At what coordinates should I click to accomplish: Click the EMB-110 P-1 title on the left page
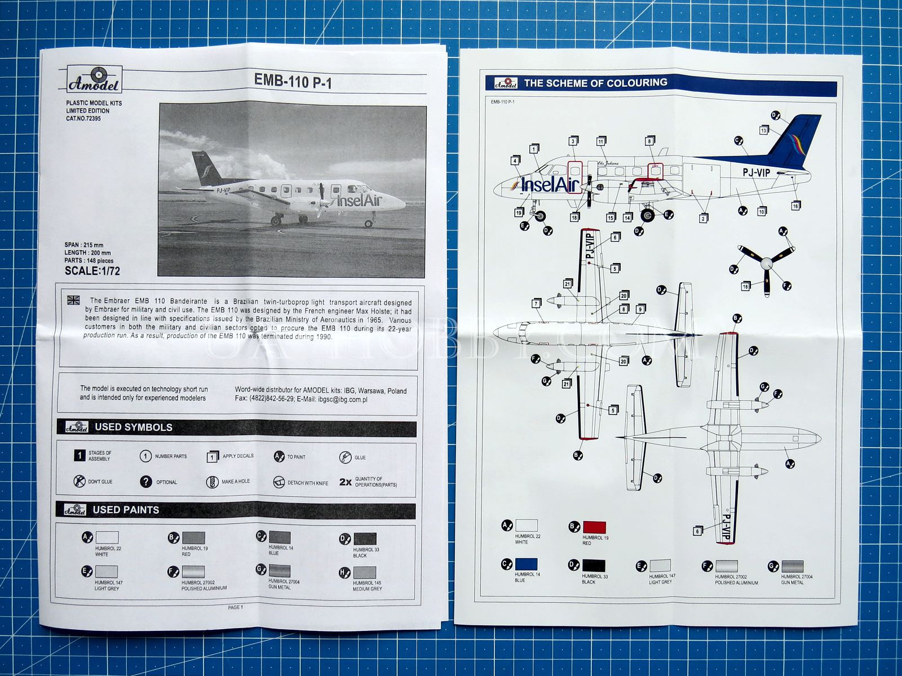(293, 81)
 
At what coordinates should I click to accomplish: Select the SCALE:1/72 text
(92, 270)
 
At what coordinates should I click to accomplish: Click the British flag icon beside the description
(73, 300)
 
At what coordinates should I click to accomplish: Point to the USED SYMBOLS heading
(133, 428)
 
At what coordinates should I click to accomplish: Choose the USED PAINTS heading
(126, 510)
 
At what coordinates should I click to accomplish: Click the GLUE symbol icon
(346, 457)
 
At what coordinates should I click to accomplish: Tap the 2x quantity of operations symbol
(346, 482)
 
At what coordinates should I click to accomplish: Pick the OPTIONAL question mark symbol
(146, 482)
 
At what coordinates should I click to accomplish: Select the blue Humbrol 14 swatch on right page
(526, 564)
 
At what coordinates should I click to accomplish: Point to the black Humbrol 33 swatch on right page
(593, 565)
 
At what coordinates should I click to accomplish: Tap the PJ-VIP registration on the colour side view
(756, 173)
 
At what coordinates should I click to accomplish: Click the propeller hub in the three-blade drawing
(766, 263)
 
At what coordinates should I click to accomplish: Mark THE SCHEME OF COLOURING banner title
(595, 83)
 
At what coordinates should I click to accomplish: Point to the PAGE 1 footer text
(235, 607)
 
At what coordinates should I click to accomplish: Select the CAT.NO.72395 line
(83, 119)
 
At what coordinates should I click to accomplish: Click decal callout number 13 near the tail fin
(764, 130)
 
